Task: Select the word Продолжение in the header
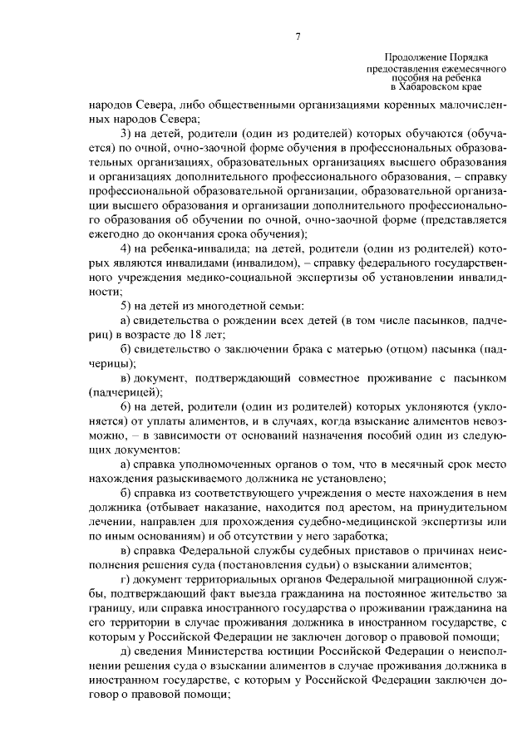coord(415,54)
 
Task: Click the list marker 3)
coord(126,134)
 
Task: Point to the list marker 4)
coord(126,248)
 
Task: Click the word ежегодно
coord(112,233)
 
